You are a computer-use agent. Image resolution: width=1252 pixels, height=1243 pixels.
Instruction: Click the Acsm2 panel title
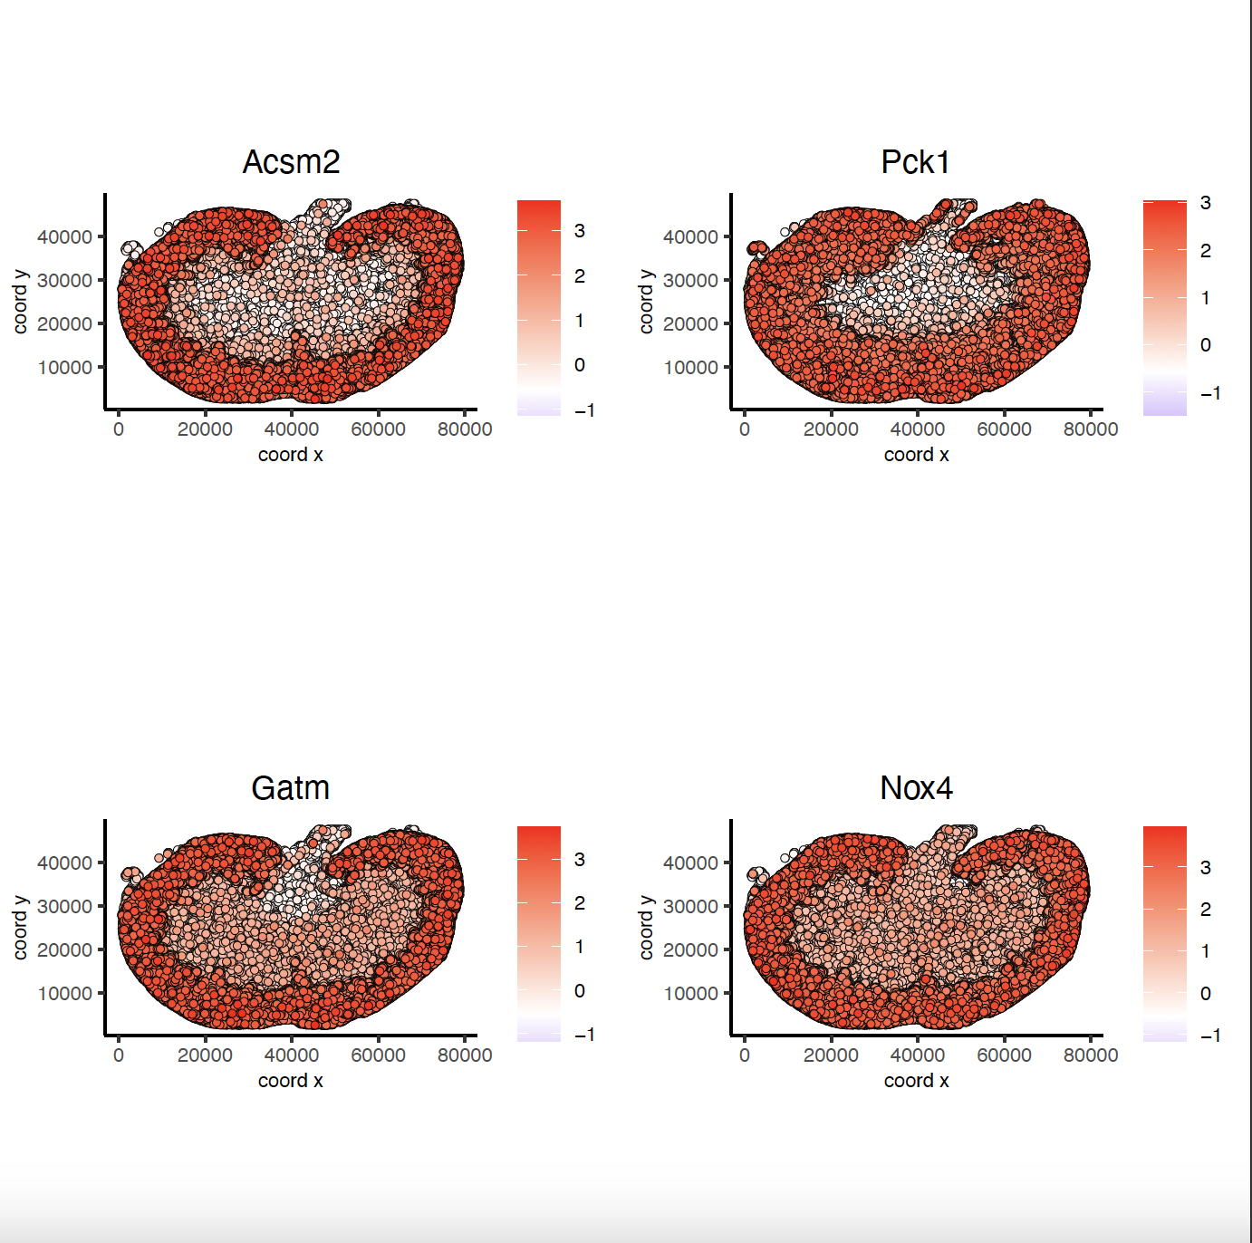click(x=291, y=162)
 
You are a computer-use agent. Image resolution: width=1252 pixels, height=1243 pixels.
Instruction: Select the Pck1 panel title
click(x=916, y=162)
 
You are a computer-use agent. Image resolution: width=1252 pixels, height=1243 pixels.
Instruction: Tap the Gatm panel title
click(x=290, y=788)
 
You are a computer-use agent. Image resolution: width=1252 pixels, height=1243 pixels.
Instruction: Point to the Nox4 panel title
click(x=916, y=788)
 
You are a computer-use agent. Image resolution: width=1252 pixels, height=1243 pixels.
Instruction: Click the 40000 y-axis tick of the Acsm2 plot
click(x=64, y=237)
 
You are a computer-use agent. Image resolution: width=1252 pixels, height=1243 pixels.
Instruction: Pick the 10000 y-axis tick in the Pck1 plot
click(x=690, y=368)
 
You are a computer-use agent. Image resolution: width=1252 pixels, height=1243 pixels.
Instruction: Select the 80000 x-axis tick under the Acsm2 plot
click(x=465, y=429)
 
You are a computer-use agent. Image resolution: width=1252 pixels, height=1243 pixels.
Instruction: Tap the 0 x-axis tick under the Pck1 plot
click(x=745, y=429)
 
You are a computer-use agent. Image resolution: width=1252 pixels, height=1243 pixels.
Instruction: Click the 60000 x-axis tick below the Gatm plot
click(x=378, y=1055)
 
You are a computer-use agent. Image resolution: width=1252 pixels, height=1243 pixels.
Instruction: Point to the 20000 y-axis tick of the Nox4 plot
click(x=690, y=950)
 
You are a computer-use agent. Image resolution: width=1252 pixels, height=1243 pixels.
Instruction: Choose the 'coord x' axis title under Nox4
click(x=916, y=1081)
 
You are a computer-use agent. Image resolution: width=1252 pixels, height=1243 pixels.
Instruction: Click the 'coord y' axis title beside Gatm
click(x=20, y=928)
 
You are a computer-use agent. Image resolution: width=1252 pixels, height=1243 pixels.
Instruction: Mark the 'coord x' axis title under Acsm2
click(x=290, y=455)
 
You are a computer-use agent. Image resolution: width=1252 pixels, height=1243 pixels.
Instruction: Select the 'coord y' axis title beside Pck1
click(x=646, y=302)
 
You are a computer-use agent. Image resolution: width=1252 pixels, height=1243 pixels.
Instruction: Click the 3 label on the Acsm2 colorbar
click(x=580, y=231)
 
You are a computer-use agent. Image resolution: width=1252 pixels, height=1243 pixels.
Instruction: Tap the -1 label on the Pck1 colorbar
click(x=1210, y=393)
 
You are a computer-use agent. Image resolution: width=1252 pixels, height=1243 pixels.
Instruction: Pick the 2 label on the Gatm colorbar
click(x=580, y=903)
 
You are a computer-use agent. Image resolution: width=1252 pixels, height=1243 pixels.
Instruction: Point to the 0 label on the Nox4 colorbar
click(x=1206, y=994)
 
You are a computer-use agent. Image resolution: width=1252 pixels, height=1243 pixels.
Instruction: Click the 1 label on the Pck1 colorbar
click(x=1206, y=298)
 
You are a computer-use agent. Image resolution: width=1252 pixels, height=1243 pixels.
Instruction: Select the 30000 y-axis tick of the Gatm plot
click(x=64, y=907)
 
